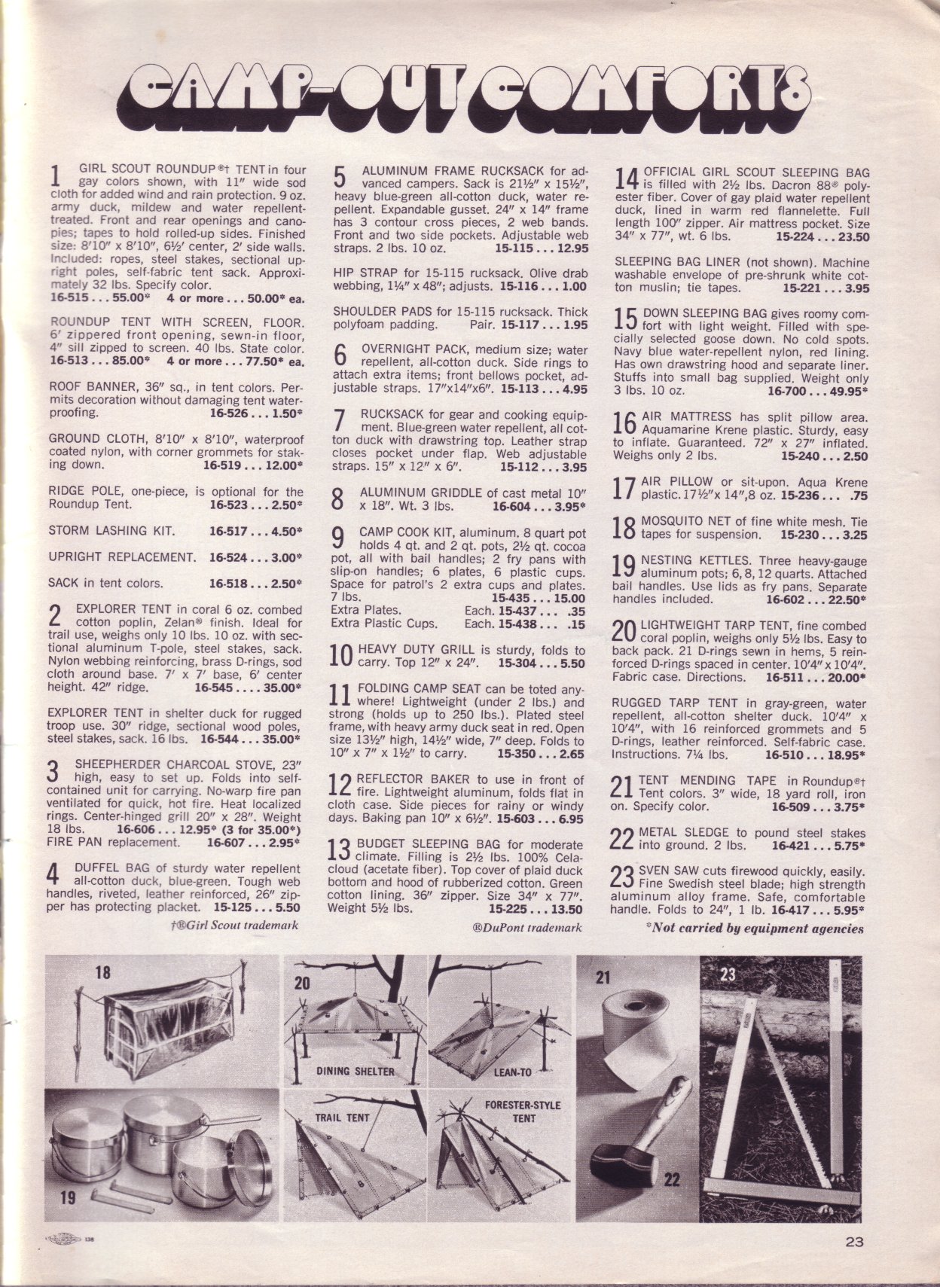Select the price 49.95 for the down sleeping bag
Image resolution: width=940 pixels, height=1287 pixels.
(847, 392)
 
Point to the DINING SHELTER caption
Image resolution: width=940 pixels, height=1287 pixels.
(355, 1070)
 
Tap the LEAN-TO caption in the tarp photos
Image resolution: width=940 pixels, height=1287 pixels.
(513, 1072)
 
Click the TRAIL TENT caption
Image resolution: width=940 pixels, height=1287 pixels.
(342, 1118)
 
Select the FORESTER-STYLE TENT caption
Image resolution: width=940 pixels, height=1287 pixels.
(523, 1112)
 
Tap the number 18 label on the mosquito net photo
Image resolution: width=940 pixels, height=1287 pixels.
(102, 972)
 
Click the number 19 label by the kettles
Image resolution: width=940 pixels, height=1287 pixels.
(68, 1195)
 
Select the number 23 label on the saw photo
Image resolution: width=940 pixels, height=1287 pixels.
(728, 974)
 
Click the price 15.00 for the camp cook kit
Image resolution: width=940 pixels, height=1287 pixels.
(569, 598)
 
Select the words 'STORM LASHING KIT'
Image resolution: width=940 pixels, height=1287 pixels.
(111, 530)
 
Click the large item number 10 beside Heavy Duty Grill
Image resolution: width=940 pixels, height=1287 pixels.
(342, 655)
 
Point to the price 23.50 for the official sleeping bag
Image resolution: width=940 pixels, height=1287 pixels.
(849, 236)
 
